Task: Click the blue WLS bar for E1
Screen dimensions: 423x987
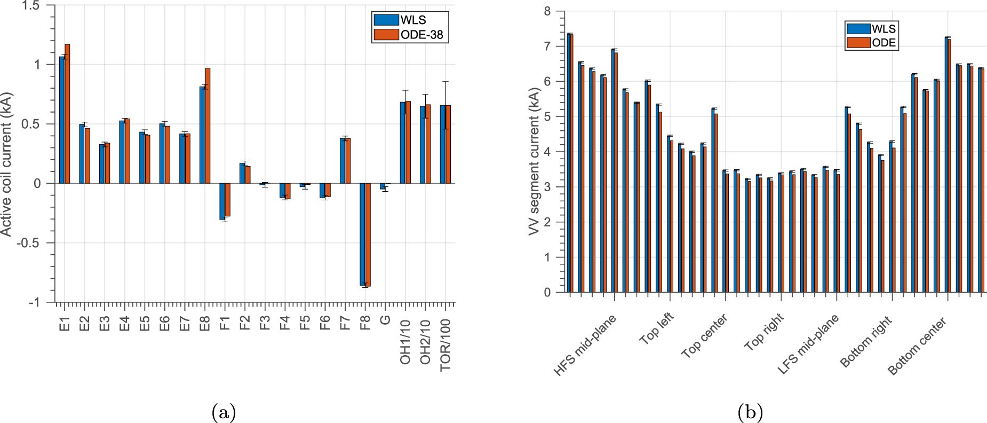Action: (x=62, y=120)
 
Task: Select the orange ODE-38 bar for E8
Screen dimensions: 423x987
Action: (x=208, y=126)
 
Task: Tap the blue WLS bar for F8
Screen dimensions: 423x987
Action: (x=362, y=234)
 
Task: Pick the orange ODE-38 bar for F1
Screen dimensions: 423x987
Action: (x=227, y=200)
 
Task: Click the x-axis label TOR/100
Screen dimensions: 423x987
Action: (x=445, y=344)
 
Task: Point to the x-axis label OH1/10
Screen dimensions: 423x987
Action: (x=405, y=342)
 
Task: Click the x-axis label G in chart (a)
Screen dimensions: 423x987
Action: (x=385, y=320)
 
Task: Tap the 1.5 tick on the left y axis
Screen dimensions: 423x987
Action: (x=33, y=5)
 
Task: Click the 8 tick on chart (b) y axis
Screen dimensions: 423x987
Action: (x=547, y=11)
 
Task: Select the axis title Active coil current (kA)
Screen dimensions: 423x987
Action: (x=6, y=164)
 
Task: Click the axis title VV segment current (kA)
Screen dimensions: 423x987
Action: (x=534, y=161)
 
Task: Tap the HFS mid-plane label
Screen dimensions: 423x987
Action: (x=585, y=345)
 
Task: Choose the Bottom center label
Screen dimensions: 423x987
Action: (x=917, y=346)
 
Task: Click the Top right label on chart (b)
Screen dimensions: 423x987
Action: (x=764, y=332)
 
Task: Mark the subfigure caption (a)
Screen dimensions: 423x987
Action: (x=224, y=412)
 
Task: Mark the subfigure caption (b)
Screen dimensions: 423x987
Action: (x=750, y=412)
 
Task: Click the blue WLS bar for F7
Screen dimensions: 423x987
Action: (x=343, y=161)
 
